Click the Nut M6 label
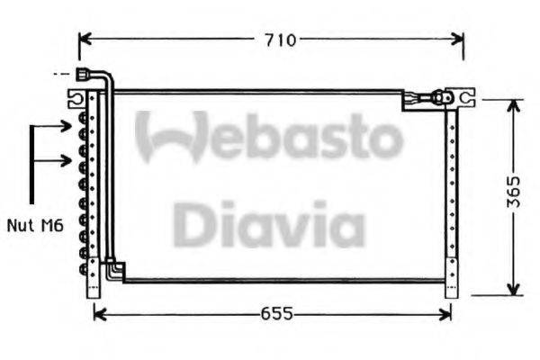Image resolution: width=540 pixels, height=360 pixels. pos(34,228)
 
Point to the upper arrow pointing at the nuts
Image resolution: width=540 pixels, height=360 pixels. pos(63,126)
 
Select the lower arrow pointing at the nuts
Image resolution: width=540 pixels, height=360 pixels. pos(63,161)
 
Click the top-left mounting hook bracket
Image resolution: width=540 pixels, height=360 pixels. pos(76,95)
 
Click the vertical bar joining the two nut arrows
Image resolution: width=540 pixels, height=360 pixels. pos(33,164)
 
